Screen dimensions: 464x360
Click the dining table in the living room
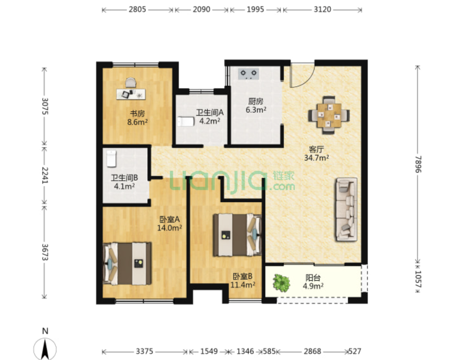tap(329, 115)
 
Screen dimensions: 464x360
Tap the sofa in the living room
tap(346, 209)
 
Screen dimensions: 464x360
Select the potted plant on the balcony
tap(281, 282)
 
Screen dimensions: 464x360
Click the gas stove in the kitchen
tap(249, 74)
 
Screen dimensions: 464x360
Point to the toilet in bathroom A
tap(185, 121)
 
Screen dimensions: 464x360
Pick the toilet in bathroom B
tap(111, 158)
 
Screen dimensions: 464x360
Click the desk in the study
tap(131, 94)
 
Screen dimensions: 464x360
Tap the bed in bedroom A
tap(127, 264)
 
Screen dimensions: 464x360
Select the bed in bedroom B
tap(237, 235)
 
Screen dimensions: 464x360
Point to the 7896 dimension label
tap(418, 165)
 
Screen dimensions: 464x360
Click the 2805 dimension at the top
tap(137, 10)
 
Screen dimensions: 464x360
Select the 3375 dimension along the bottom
tap(144, 351)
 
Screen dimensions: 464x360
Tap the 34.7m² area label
tap(316, 158)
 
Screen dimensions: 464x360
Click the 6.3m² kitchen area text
tap(256, 110)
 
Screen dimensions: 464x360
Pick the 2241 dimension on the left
tap(45, 175)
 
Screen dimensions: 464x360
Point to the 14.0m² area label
tap(169, 228)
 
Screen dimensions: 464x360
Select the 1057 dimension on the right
tap(418, 279)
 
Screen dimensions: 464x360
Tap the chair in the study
tap(131, 82)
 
